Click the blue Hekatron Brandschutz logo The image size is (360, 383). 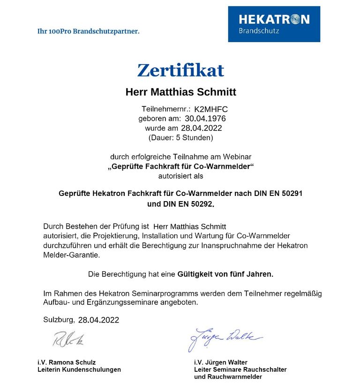[274, 24]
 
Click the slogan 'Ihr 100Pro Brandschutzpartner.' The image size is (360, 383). [88, 31]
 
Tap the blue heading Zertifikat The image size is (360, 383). [180, 70]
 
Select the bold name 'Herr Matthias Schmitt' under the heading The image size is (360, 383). [180, 92]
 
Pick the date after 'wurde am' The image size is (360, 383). [201, 128]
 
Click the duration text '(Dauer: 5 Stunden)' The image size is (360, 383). [180, 138]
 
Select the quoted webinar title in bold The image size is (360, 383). [180, 166]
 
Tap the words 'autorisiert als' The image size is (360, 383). [180, 176]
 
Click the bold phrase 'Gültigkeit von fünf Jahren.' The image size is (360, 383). [225, 273]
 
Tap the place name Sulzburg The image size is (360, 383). [58, 320]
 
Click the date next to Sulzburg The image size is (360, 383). [98, 320]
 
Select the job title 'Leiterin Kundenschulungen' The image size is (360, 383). [79, 369]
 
